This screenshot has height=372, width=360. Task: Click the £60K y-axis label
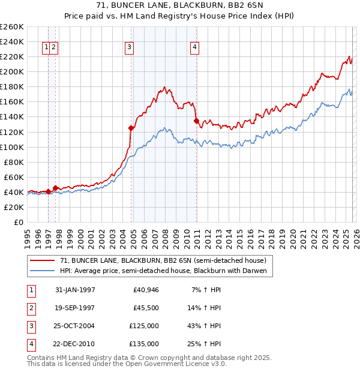pos(14,177)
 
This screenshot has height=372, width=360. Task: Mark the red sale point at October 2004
pos(131,128)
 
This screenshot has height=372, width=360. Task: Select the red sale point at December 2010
pos(196,121)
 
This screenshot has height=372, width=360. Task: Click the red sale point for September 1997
pos(55,188)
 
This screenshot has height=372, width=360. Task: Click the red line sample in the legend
pos(42,260)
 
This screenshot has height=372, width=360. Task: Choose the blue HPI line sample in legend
pos(42,271)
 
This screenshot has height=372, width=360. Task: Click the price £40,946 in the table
pos(144,290)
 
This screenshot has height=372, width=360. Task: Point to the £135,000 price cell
pos(144,344)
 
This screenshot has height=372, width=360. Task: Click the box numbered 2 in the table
pos(31,308)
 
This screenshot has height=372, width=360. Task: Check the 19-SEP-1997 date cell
pos(74,308)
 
